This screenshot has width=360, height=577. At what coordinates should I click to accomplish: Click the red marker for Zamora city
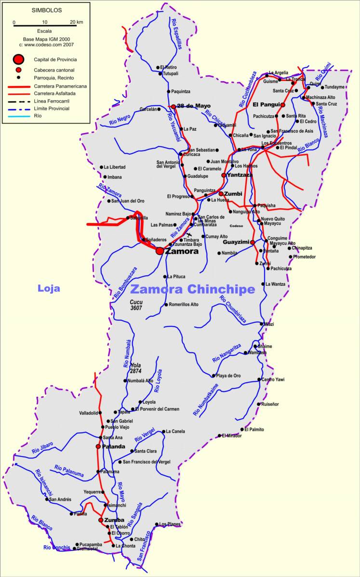pos(160,251)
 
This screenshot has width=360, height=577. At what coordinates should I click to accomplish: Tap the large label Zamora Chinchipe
pos(192,289)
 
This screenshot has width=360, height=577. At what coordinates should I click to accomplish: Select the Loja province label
pos(49,288)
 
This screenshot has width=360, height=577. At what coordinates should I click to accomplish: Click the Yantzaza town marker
pos(224,175)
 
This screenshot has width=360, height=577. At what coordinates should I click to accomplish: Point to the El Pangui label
pos(266,104)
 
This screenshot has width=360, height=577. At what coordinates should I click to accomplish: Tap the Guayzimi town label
pos(236,242)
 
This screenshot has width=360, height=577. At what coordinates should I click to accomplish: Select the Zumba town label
pos(114,520)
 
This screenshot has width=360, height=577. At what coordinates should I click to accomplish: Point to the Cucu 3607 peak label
pos(137,305)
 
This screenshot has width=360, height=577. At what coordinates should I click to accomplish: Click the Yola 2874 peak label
pos(135,368)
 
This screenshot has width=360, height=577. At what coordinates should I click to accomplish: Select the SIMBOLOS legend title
pos(46,10)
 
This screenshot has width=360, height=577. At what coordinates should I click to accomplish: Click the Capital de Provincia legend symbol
pos(18,59)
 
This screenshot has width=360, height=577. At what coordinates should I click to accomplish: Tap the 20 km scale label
pos(76,22)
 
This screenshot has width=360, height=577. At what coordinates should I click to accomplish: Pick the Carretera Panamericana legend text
pos(60,86)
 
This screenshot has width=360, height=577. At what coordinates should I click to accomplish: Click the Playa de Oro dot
pos(213,376)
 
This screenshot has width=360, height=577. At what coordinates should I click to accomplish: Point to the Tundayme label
pos(334,87)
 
